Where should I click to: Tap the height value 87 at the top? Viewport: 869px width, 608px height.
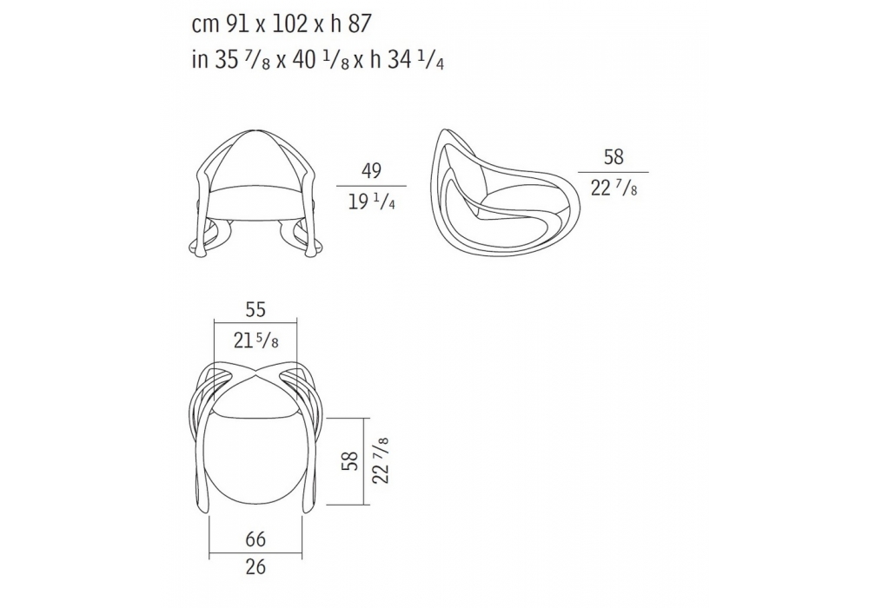(359, 23)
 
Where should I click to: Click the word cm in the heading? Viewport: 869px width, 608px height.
(205, 26)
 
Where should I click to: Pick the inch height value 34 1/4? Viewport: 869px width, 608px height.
(415, 60)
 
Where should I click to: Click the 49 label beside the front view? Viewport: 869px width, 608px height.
(371, 171)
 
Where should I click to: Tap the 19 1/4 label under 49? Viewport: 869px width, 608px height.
(371, 202)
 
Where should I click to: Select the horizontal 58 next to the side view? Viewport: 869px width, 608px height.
(614, 157)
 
